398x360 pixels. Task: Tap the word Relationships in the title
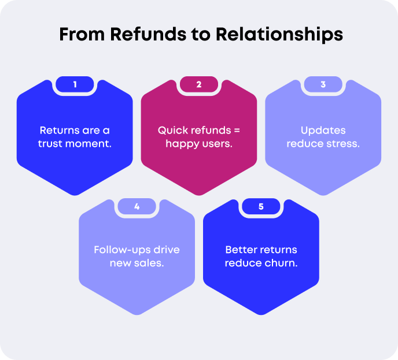coord(279,34)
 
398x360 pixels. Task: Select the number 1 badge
coord(75,84)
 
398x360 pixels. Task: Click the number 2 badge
coord(198,84)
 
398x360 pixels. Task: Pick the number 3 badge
coord(323,84)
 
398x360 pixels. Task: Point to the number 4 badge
coord(137,206)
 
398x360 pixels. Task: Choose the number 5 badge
coord(261,206)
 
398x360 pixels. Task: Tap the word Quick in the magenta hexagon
coord(172,130)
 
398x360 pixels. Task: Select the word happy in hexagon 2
coord(180,143)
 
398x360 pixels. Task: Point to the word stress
coord(344,143)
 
